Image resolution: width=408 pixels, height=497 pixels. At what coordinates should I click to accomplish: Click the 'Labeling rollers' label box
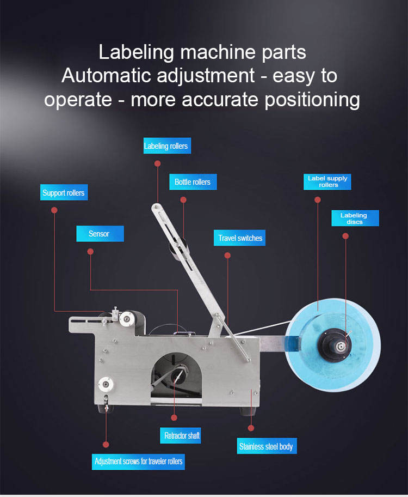coord(166,146)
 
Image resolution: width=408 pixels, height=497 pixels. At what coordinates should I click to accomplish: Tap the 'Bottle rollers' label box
coord(193,182)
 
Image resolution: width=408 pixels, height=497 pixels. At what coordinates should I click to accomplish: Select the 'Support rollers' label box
coord(64,193)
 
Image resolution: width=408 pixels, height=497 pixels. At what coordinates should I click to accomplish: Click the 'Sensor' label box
coord(99,234)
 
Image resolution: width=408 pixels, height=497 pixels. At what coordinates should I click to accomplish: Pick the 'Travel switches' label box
coord(240,238)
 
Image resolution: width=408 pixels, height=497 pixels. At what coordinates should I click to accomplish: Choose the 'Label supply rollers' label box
coord(327,181)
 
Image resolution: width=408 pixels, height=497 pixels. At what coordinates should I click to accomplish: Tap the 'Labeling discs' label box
coord(354,219)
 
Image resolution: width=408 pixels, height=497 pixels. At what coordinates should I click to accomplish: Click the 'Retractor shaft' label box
coord(182,436)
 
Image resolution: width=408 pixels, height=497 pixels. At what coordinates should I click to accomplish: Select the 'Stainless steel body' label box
coord(266,447)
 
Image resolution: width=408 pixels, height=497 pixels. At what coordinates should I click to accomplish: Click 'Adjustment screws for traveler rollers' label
coord(139,462)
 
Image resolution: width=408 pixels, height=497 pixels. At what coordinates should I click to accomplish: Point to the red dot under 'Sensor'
coord(90,252)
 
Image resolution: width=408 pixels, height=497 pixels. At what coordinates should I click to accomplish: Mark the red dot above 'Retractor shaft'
coord(174,418)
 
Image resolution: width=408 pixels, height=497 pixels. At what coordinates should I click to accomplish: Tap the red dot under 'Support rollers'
coord(54,209)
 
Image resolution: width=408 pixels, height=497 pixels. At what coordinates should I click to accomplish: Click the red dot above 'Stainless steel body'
coord(251,428)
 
